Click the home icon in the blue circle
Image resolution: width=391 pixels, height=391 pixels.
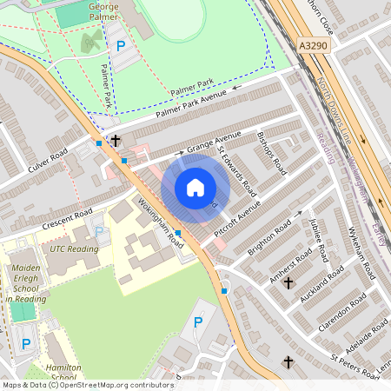click(x=195, y=188)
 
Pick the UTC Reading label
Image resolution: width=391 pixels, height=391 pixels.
click(x=74, y=249)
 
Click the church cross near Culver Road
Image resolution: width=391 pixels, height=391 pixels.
click(x=115, y=139)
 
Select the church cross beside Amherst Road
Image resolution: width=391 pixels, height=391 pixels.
click(x=288, y=282)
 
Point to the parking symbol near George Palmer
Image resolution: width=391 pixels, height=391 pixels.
click(x=121, y=45)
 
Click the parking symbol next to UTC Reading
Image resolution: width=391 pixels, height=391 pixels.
click(x=99, y=231)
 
